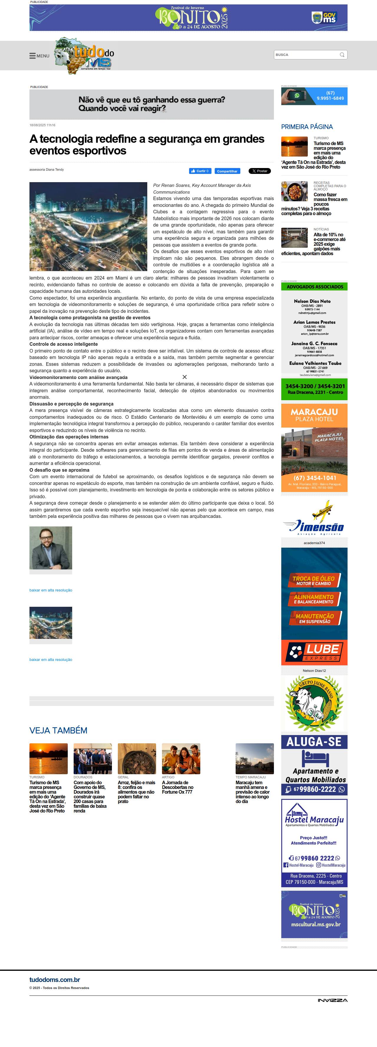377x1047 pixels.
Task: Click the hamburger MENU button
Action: pos(39,56)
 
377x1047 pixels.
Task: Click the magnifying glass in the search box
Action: pos(342,55)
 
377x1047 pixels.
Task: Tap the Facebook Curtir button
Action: pos(200,171)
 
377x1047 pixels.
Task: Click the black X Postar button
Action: pos(259,171)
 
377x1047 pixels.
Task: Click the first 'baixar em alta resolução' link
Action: pos(50,590)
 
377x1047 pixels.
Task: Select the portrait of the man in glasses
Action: pos(50,548)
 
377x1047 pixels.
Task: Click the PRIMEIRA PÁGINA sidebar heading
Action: pos(307,127)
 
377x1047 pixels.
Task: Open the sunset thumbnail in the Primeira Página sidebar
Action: pos(294,147)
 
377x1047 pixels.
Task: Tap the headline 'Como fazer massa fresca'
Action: pos(330,197)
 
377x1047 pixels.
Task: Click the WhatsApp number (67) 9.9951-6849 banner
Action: pos(314,96)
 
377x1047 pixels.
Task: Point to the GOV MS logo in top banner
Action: pos(324,17)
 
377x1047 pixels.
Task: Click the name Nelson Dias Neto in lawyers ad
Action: pos(312,301)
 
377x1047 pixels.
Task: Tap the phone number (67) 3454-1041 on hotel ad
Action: pos(314,478)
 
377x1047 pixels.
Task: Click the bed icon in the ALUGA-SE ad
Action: pos(314,758)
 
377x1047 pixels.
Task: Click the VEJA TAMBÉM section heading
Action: pos(58,730)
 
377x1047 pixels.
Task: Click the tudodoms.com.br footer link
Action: pos(54,980)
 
